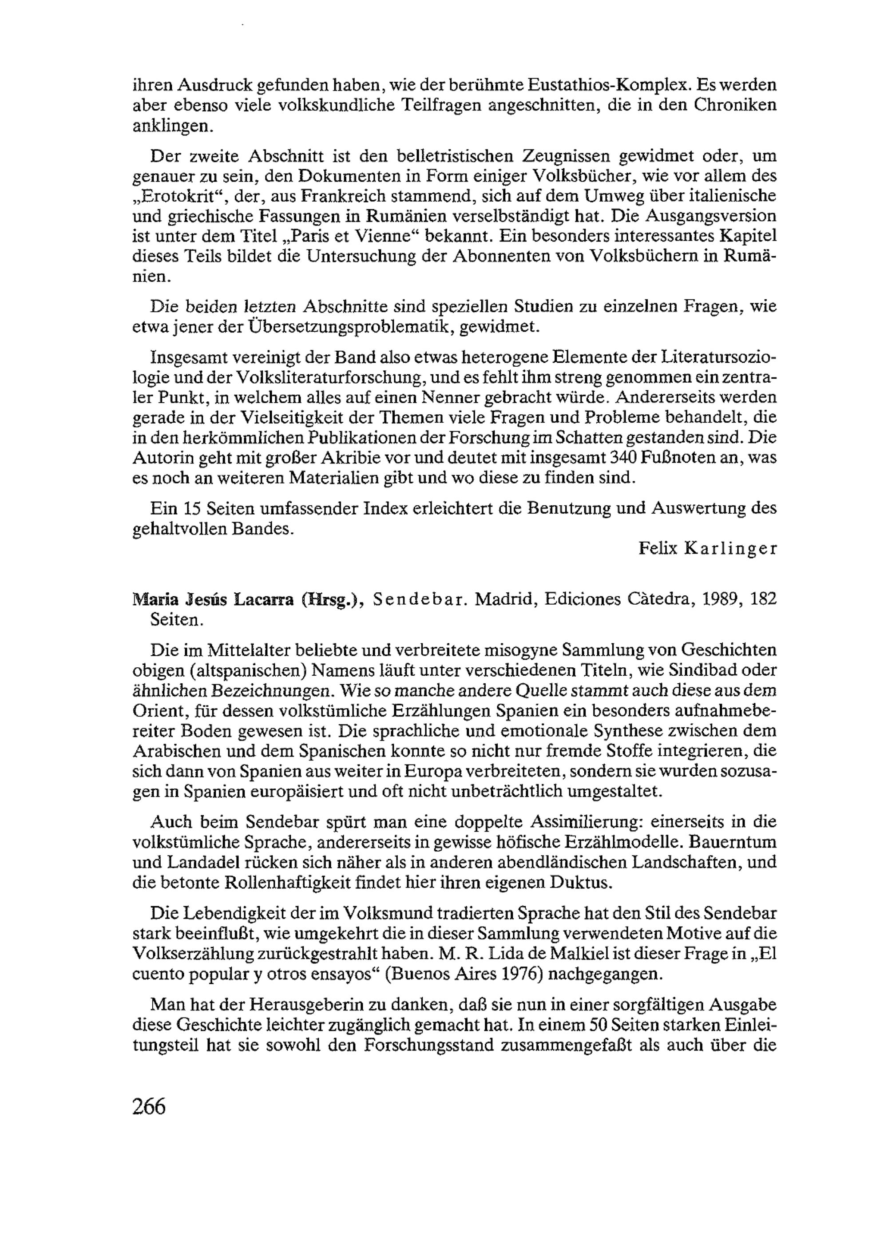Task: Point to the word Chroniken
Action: [x=735, y=106]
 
